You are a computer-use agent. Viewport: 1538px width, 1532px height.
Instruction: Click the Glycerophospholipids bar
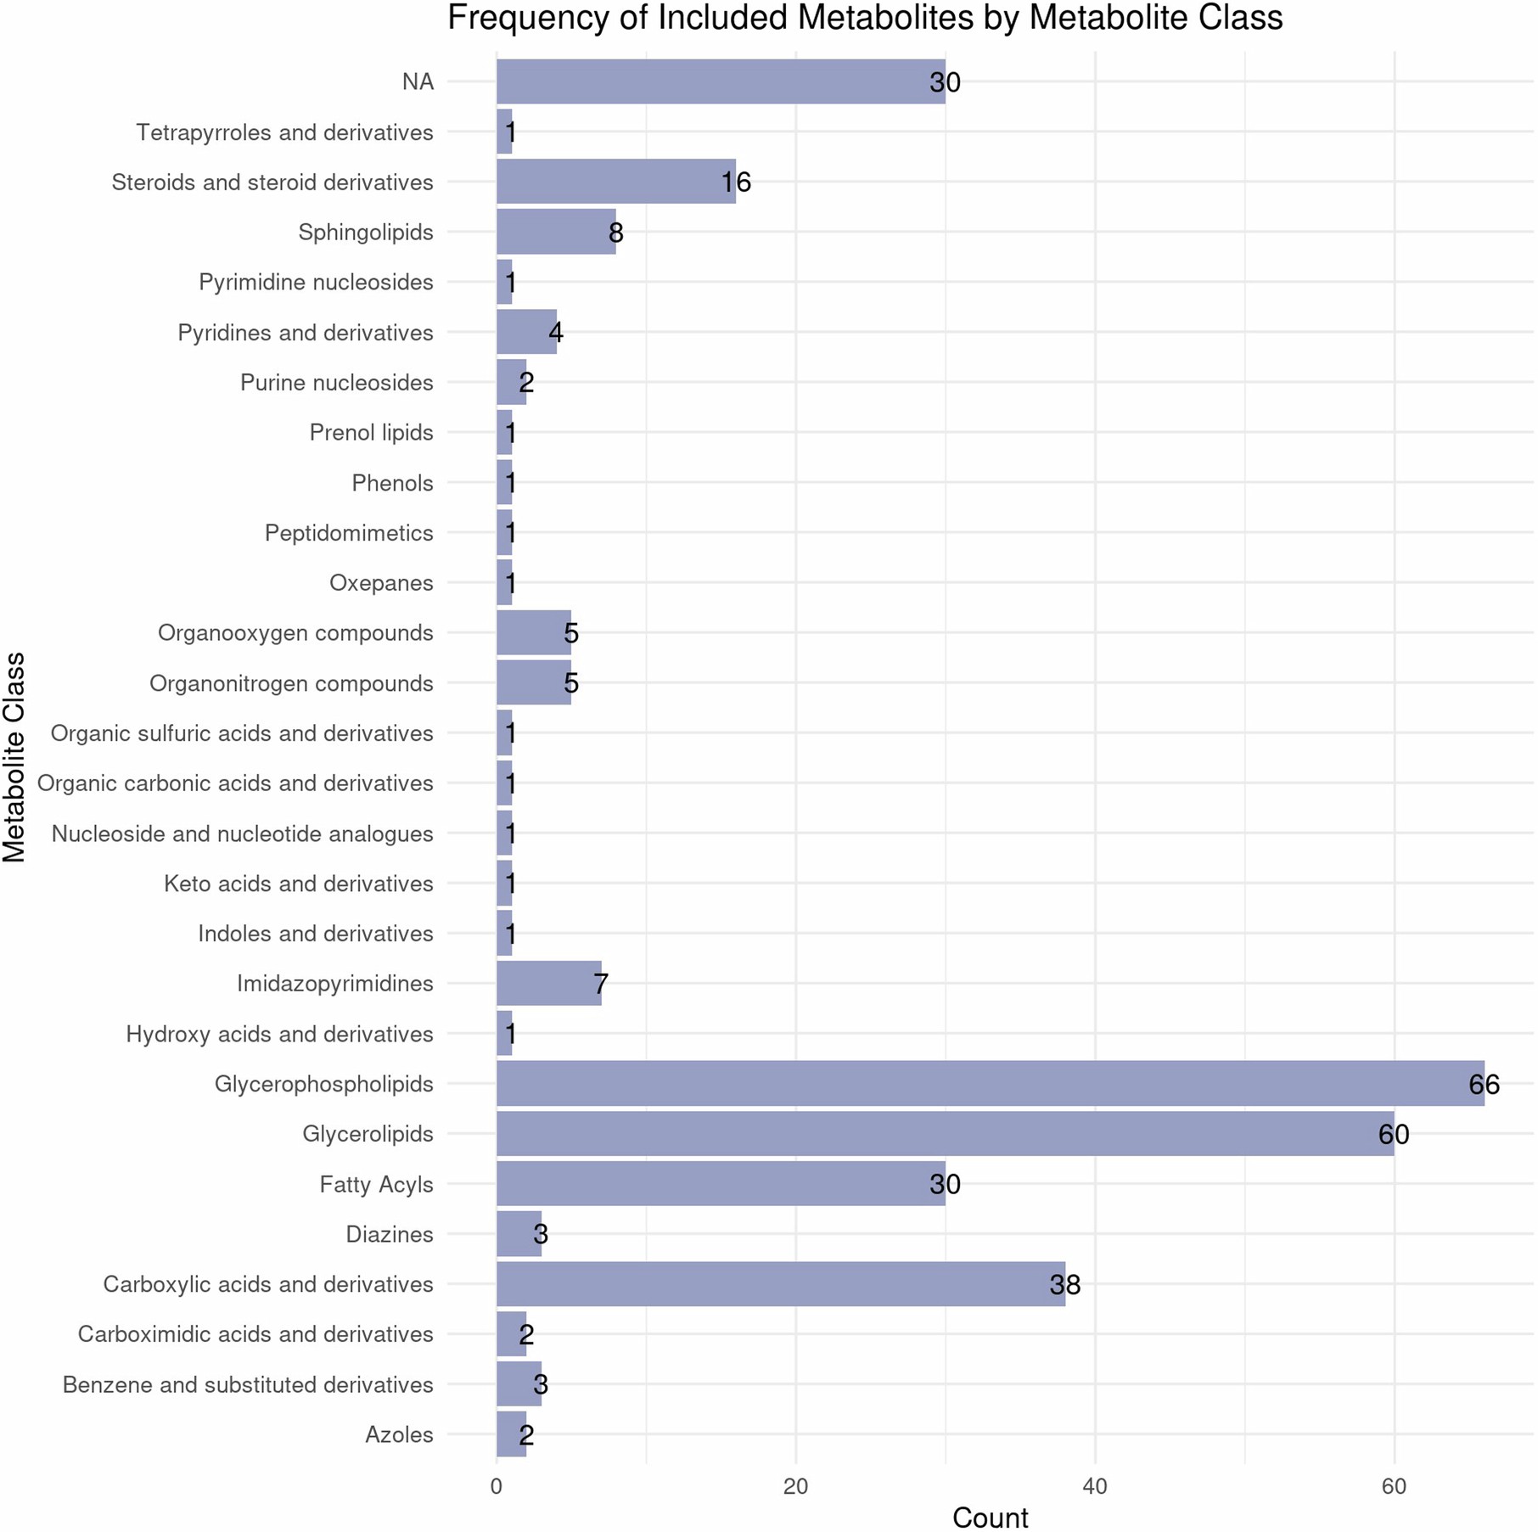click(x=990, y=1083)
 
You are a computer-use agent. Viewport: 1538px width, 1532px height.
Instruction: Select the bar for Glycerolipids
click(x=945, y=1133)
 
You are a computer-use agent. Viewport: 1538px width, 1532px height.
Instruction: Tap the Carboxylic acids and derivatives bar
click(x=780, y=1283)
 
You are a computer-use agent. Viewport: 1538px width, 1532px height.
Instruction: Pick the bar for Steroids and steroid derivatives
click(x=615, y=182)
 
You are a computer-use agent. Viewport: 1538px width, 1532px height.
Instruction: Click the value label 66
click(x=1484, y=1084)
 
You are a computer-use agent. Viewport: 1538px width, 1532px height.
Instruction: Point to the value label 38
click(x=1064, y=1284)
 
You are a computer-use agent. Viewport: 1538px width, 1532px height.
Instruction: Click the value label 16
click(x=735, y=182)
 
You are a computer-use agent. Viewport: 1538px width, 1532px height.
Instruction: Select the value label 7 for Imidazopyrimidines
click(x=600, y=985)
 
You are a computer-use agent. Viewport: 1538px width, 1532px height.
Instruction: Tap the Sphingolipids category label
click(x=365, y=232)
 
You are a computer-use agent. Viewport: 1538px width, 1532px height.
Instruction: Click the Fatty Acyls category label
click(x=376, y=1184)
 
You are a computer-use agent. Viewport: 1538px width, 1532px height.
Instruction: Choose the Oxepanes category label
click(x=381, y=583)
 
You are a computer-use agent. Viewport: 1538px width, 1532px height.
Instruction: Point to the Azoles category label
click(x=399, y=1434)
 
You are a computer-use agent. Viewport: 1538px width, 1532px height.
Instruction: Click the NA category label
click(x=418, y=82)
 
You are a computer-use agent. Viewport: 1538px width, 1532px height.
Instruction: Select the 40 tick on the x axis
click(x=1095, y=1486)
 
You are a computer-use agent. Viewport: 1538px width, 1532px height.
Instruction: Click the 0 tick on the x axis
click(x=497, y=1486)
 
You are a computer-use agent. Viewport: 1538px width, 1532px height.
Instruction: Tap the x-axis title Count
click(x=990, y=1517)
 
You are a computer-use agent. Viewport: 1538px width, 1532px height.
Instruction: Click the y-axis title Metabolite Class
click(x=15, y=757)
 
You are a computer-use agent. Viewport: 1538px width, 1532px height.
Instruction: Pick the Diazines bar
click(x=519, y=1233)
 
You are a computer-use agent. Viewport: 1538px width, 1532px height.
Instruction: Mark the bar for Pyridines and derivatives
click(x=526, y=332)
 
